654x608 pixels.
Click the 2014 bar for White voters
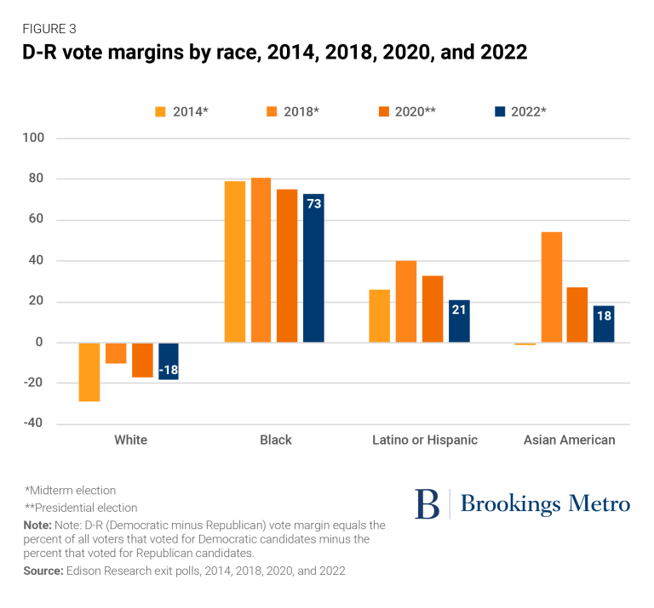click(89, 372)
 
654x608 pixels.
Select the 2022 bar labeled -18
click(169, 361)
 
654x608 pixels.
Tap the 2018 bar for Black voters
click(261, 260)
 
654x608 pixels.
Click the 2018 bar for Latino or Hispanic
click(406, 302)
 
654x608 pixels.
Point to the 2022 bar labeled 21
click(459, 321)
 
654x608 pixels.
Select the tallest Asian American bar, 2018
click(551, 287)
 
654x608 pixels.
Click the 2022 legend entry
click(520, 111)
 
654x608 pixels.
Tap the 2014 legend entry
click(180, 111)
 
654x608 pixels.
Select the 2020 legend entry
click(410, 111)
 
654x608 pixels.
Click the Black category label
click(276, 440)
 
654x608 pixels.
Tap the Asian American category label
click(569, 440)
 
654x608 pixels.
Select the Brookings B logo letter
click(427, 504)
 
